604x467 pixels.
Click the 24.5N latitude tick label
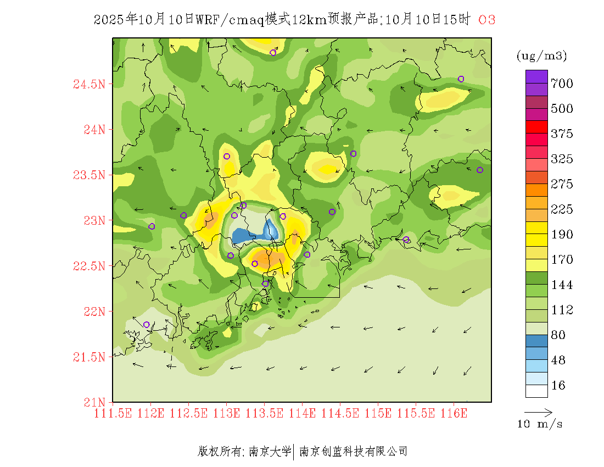pyautogui.click(x=90, y=84)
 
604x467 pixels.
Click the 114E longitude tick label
pyautogui.click(x=302, y=413)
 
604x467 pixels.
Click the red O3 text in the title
pyautogui.click(x=487, y=20)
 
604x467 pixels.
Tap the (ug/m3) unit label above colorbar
pyautogui.click(x=541, y=56)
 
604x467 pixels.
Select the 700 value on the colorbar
pyautogui.click(x=562, y=84)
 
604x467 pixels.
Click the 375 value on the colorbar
pyautogui.click(x=562, y=134)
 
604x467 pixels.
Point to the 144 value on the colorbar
pyautogui.click(x=562, y=285)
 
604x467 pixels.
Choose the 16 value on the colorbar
pyautogui.click(x=558, y=386)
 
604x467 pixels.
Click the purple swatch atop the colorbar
pyautogui.click(x=536, y=76)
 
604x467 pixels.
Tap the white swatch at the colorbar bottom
pyautogui.click(x=536, y=391)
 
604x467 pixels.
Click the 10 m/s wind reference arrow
pyautogui.click(x=538, y=412)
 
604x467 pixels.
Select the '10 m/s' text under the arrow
pyautogui.click(x=540, y=424)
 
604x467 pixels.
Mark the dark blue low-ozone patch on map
pyautogui.click(x=242, y=237)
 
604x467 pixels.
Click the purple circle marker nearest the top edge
pyautogui.click(x=273, y=53)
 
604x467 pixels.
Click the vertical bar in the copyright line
pyautogui.click(x=295, y=452)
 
